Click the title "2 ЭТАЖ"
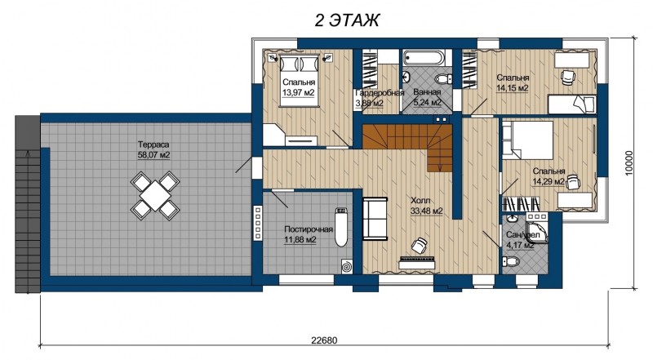point(347,20)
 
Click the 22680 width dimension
point(324,340)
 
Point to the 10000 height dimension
point(629,163)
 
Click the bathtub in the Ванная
point(424,57)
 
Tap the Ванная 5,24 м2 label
point(427,97)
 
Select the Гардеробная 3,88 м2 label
point(379,98)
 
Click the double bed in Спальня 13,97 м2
point(299,80)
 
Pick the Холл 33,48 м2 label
point(426,206)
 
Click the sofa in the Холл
point(375,219)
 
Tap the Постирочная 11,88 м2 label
point(309,234)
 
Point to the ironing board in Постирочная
point(340,227)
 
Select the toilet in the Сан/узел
point(511,262)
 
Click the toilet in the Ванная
point(443,78)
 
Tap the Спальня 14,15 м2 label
point(513,83)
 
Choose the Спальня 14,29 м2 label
point(549,176)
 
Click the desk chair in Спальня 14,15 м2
point(567,77)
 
